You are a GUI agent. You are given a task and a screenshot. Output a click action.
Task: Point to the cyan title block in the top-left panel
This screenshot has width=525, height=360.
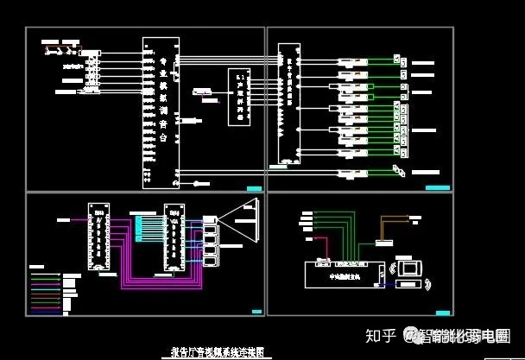pos(253,188)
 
